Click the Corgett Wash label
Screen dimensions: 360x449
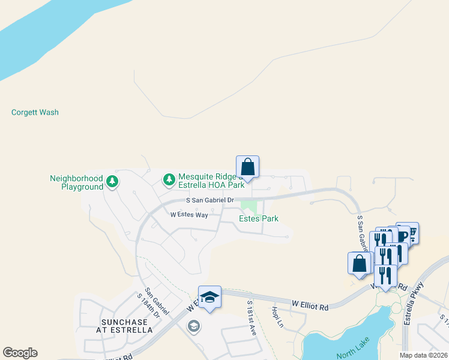35,112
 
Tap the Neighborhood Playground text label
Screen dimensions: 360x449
77,182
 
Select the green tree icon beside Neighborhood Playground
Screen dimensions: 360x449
112,181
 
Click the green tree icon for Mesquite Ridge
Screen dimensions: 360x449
169,179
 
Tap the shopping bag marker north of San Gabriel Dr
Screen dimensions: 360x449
247,166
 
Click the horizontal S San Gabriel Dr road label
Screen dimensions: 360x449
209,200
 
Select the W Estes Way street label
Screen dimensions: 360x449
189,214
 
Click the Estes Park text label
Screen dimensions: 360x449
259,219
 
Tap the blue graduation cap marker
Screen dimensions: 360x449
209,297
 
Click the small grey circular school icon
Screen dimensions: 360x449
193,326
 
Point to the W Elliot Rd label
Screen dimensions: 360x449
310,307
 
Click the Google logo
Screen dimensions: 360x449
20,353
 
